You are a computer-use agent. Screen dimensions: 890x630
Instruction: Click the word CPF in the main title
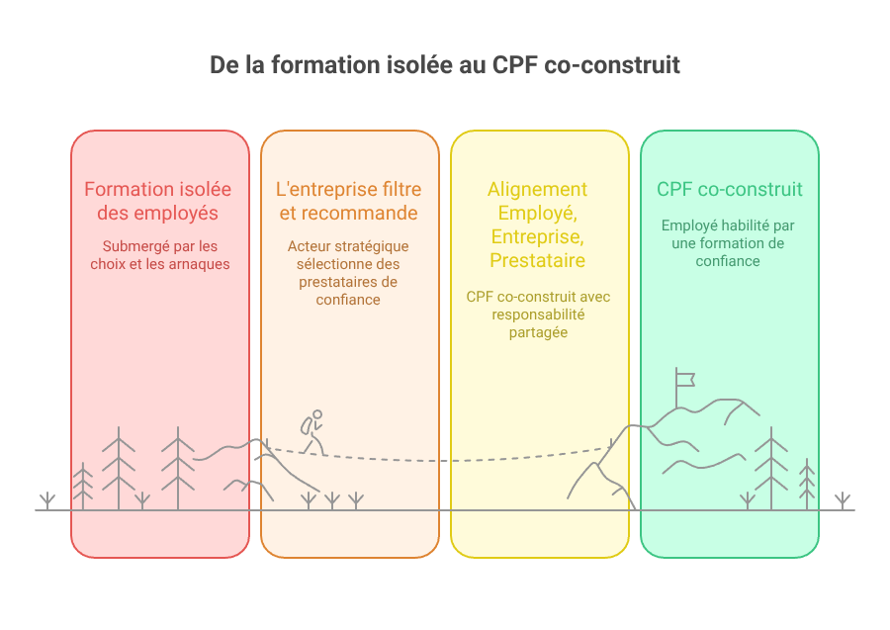[x=515, y=64]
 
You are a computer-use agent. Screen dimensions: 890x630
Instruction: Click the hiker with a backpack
[x=312, y=432]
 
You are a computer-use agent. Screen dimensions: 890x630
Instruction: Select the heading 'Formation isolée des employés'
[x=158, y=201]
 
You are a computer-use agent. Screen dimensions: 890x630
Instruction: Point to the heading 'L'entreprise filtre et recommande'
[x=348, y=201]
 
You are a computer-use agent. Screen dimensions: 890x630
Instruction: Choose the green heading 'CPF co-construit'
[x=730, y=189]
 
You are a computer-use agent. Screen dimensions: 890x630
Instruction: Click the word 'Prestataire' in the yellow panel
[x=538, y=260]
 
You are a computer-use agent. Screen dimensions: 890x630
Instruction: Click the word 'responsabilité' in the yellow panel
[x=538, y=315]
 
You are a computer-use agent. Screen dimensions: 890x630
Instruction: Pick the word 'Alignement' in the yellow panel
[x=538, y=189]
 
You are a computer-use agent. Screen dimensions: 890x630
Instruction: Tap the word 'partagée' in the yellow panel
[x=538, y=332]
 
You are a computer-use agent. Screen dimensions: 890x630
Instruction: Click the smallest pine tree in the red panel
[x=83, y=486]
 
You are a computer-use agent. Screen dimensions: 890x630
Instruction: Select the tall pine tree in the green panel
[x=770, y=468]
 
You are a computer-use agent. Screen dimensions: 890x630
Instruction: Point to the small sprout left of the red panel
[x=47, y=500]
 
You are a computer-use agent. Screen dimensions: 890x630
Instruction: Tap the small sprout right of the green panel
[x=843, y=500]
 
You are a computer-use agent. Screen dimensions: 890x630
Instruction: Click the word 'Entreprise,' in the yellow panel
[x=538, y=236]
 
